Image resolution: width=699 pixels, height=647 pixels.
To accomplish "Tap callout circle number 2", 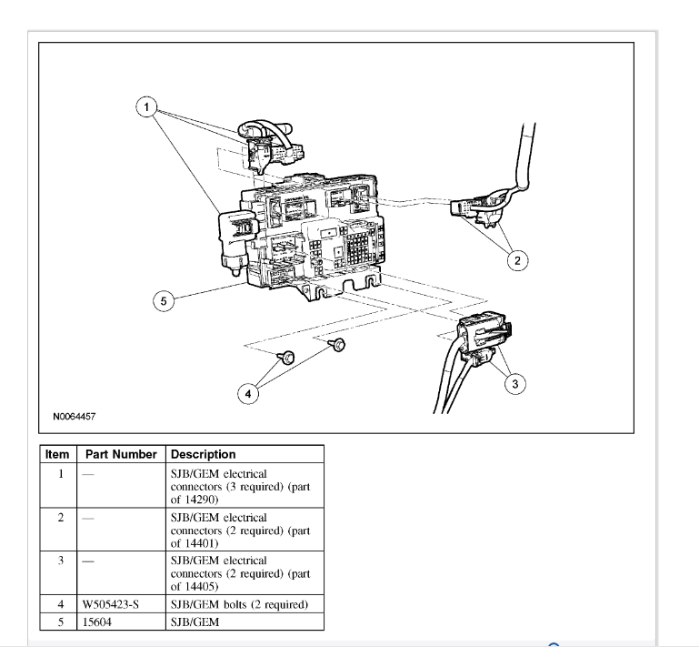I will (x=517, y=260).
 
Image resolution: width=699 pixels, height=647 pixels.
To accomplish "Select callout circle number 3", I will (x=514, y=384).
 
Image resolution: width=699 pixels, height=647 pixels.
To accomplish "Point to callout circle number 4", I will (x=245, y=394).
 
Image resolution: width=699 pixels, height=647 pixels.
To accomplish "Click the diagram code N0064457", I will (x=75, y=417).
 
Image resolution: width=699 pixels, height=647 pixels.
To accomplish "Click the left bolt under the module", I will (x=285, y=358).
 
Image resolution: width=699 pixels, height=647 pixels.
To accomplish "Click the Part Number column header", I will (x=118, y=454).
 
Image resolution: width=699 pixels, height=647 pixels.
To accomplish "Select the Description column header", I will (x=203, y=454).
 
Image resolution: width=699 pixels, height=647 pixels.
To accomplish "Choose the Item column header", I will (x=58, y=454).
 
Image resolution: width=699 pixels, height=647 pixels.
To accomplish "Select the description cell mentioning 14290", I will (x=240, y=486).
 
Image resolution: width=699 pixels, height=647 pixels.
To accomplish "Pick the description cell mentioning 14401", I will (x=240, y=531).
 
